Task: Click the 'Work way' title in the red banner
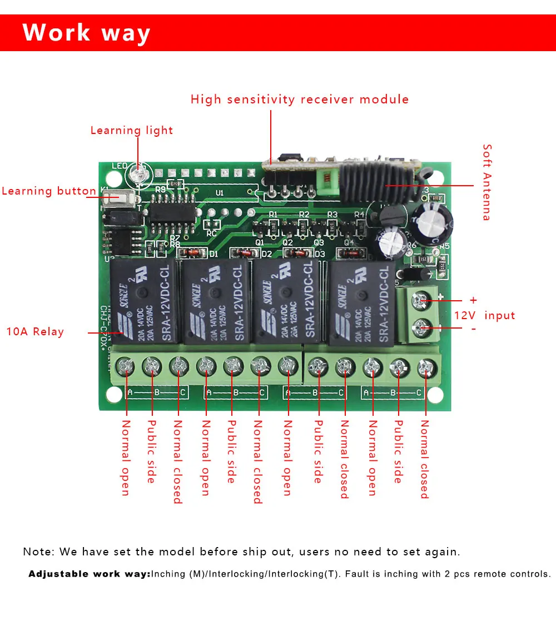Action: coord(86,33)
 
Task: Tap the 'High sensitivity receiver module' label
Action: coord(300,100)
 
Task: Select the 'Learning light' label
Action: coord(132,131)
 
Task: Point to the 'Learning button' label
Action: coord(49,191)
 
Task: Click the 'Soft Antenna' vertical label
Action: coord(487,182)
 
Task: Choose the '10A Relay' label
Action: coord(35,332)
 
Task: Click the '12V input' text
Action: coord(485,315)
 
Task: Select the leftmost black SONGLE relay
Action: coord(144,303)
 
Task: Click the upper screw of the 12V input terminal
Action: coord(421,301)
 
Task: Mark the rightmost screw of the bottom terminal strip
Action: coord(426,366)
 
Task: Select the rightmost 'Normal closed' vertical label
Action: coord(425,459)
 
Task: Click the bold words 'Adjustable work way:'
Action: coord(90,574)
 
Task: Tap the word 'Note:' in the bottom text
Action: coord(39,552)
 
